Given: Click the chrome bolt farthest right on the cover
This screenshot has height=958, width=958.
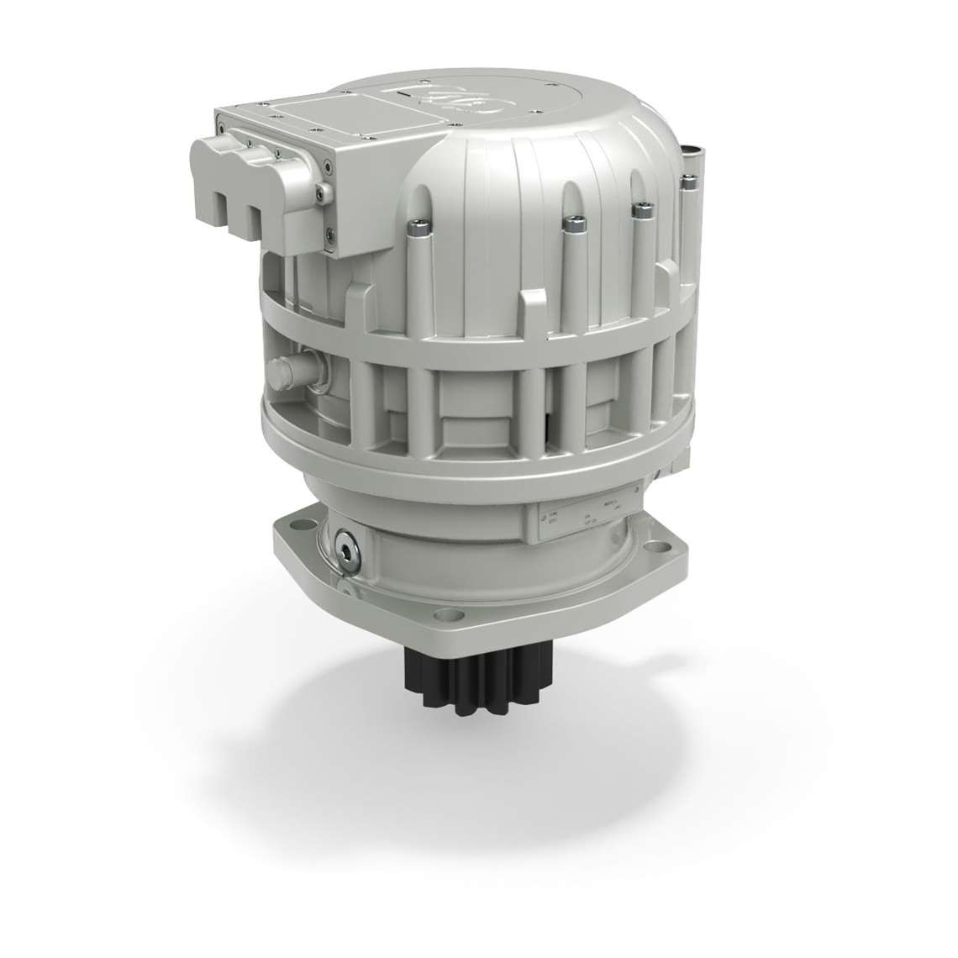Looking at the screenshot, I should [x=688, y=180].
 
